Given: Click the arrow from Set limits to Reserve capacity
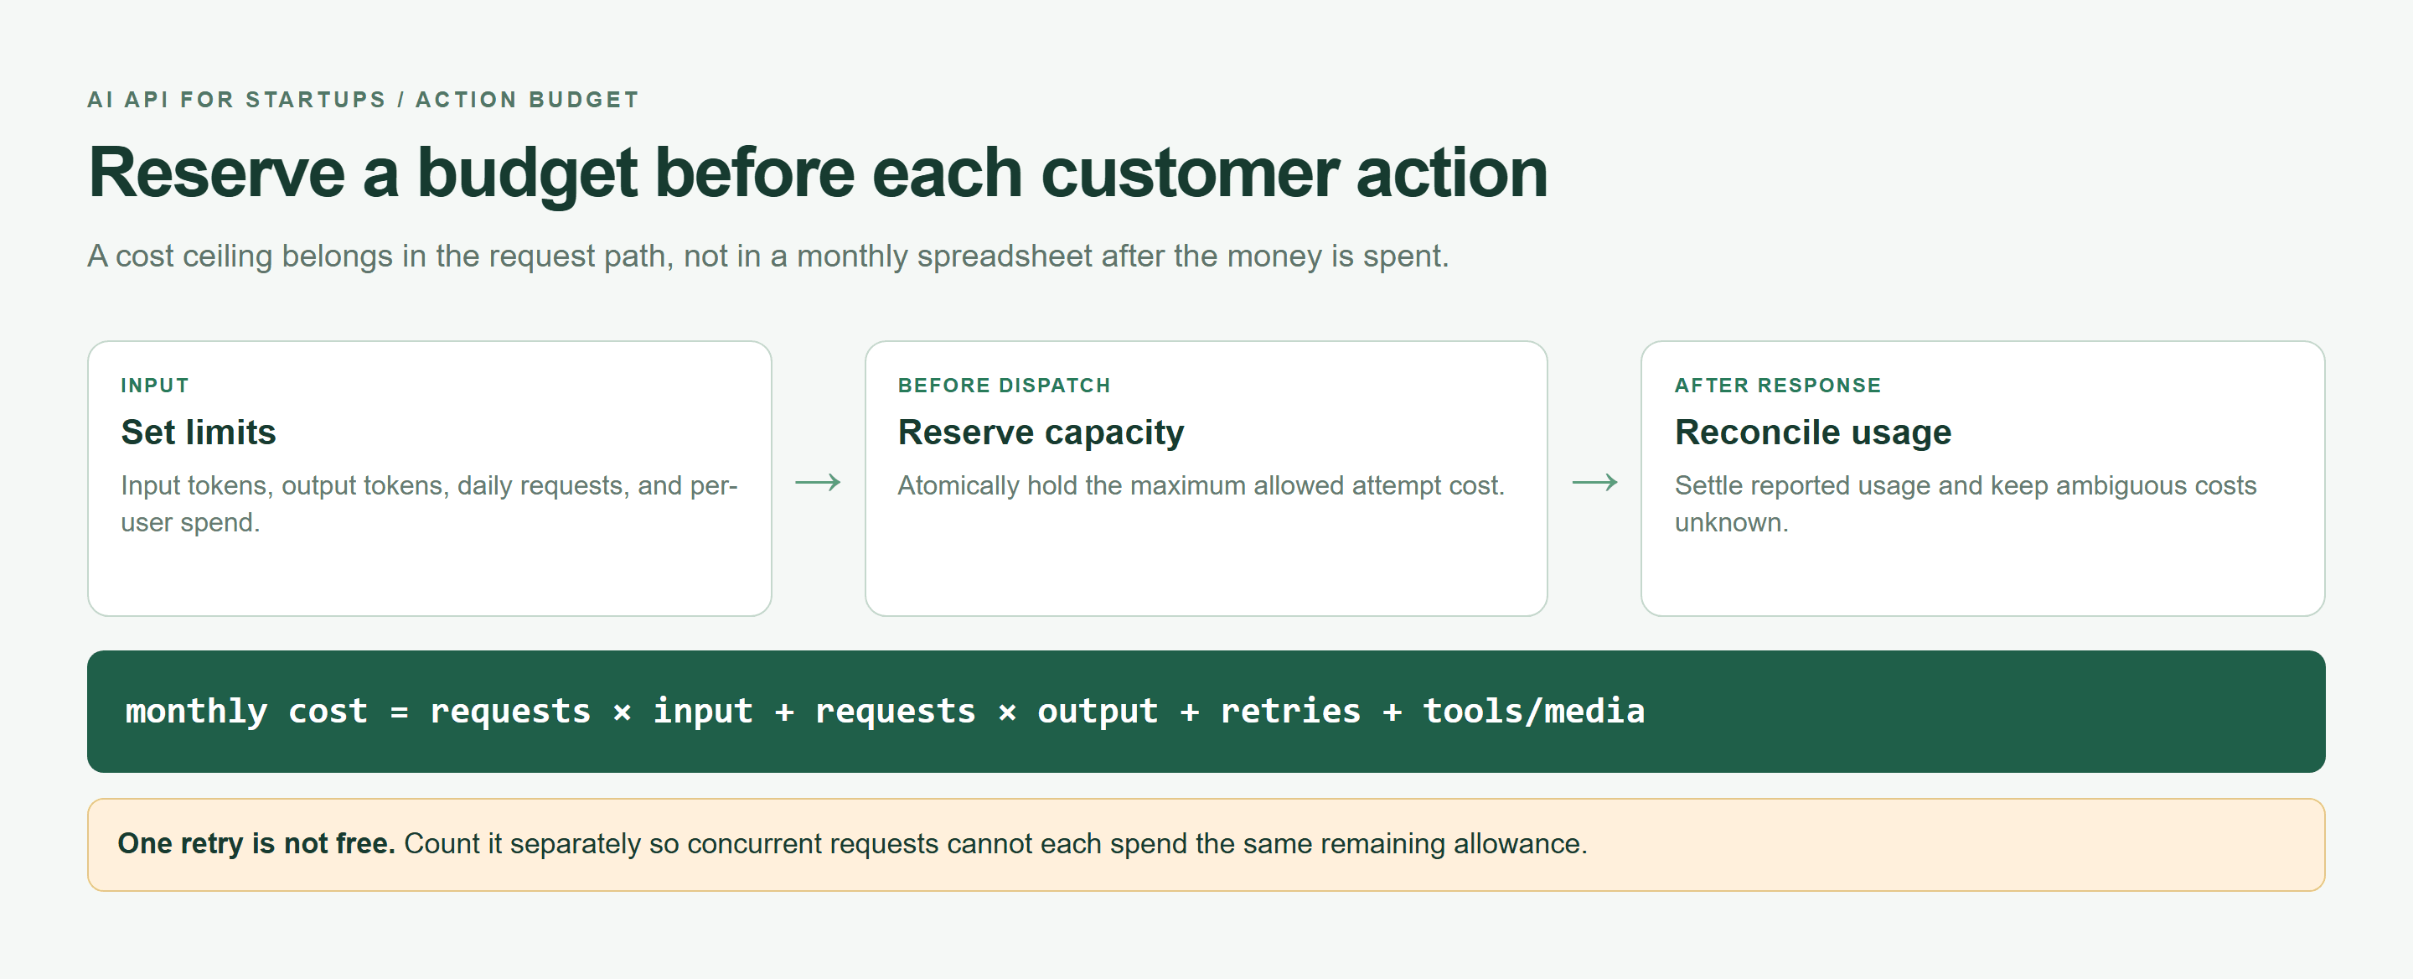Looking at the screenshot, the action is click(818, 483).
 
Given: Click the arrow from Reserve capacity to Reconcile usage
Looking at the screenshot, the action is click(1594, 483).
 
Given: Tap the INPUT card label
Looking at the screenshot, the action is click(154, 385).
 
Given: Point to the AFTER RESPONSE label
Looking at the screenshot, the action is click(1777, 385).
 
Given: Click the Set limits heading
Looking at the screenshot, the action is click(199, 432).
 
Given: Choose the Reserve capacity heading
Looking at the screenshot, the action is click(1041, 433).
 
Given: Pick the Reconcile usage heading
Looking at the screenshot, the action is click(1812, 432).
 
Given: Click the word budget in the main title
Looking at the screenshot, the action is click(526, 174).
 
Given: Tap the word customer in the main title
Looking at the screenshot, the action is click(1189, 174).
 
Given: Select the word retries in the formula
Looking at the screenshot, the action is click(1290, 711).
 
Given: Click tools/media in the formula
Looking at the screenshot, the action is click(1533, 711).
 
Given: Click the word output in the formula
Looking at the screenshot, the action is click(1097, 712).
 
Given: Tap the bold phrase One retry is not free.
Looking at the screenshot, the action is click(256, 843).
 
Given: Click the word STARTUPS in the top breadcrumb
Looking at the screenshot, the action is click(316, 99).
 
